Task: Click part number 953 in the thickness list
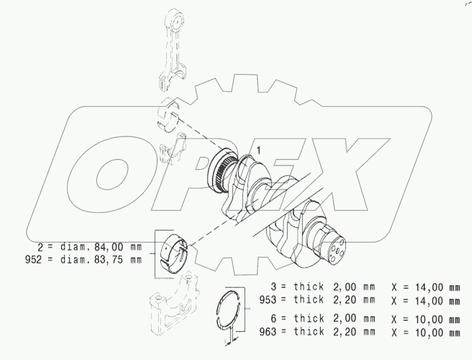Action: pos(268,300)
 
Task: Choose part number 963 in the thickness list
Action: pos(268,332)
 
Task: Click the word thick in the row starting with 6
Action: pos(308,319)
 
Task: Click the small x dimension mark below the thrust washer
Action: pos(227,341)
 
